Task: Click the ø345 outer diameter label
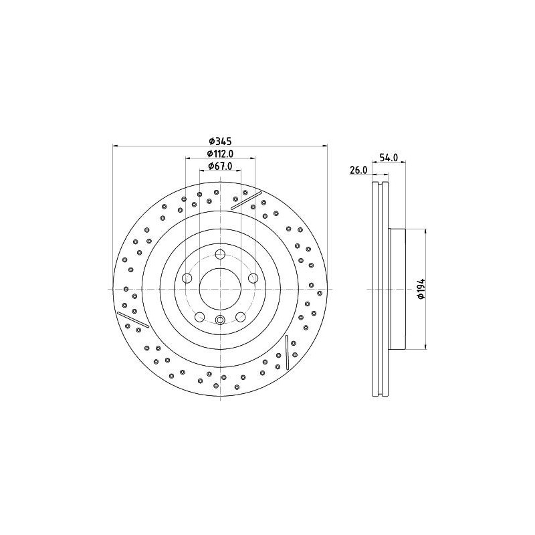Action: pos(220,140)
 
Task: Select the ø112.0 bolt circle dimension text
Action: pos(220,153)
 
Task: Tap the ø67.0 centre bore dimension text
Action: pos(220,166)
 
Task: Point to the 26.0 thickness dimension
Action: pos(358,171)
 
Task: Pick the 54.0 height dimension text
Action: pos(389,158)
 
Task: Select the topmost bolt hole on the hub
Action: pos(220,253)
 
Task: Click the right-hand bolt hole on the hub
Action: pos(253,278)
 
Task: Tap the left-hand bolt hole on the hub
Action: pos(187,278)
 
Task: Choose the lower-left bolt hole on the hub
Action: pos(199,317)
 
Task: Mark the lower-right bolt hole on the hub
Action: pos(241,317)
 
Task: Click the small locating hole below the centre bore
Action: pos(220,320)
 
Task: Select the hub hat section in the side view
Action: pos(397,289)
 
